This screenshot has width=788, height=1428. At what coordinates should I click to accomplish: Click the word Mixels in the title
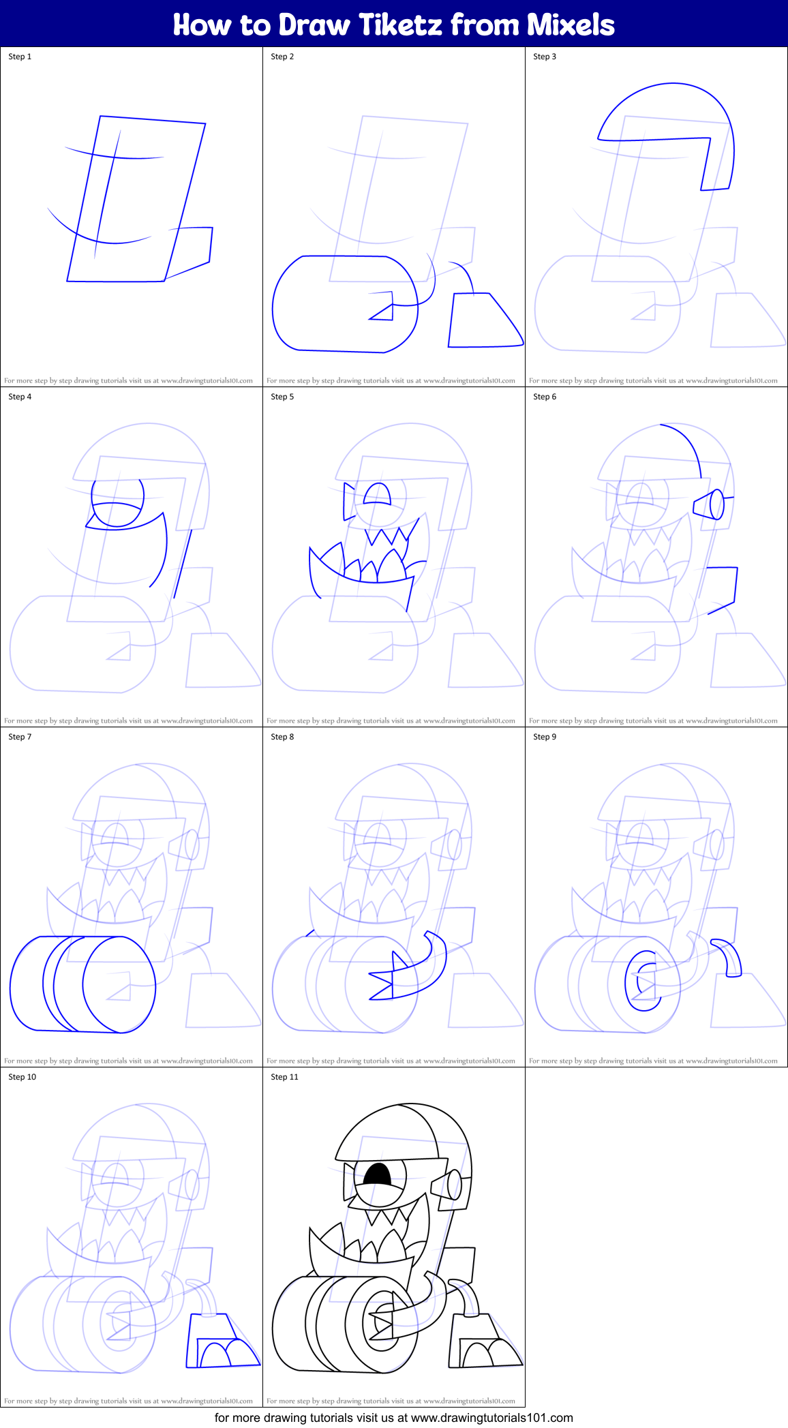pos(571,25)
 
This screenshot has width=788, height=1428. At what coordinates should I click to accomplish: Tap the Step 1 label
pos(20,57)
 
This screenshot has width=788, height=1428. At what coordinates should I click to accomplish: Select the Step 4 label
pos(20,397)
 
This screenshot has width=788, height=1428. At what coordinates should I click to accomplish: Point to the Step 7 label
pos(20,737)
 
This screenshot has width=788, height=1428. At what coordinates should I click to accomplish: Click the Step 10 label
pos(22,1077)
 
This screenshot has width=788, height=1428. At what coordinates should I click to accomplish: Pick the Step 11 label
pos(284,1077)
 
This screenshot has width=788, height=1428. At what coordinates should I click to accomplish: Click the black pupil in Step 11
pos(377,1174)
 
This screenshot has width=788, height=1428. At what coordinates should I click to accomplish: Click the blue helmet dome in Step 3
pos(671,109)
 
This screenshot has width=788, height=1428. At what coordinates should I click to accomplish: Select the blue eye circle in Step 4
pos(118,502)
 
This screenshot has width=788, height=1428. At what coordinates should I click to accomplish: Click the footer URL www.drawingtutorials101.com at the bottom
pos(491,1418)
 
